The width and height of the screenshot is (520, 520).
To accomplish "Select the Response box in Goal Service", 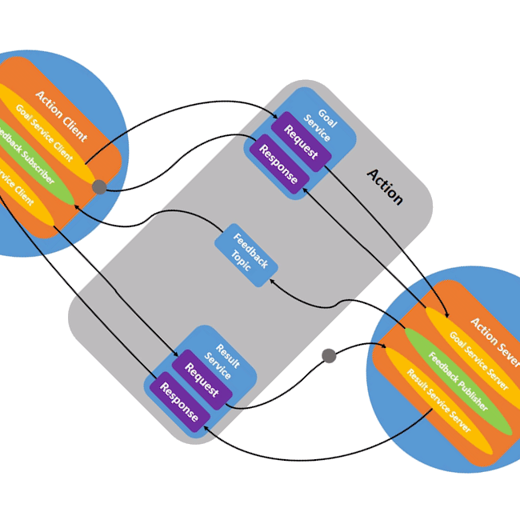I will click(277, 163).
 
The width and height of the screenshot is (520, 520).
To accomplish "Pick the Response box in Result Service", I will click(178, 401).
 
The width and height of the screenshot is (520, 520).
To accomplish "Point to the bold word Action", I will click(385, 186).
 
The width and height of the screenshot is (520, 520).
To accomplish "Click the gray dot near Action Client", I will click(99, 187).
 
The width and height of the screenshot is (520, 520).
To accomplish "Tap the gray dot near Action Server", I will click(328, 354).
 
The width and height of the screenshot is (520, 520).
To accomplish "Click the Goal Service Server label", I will click(478, 360).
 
